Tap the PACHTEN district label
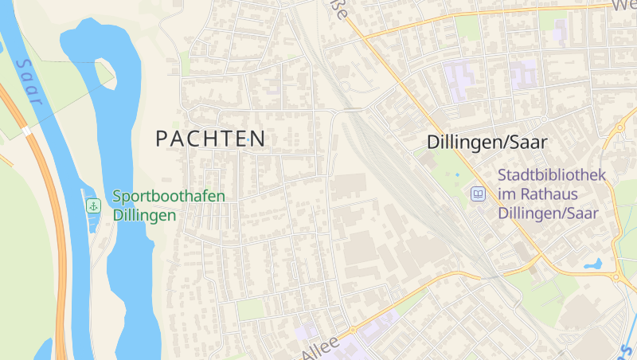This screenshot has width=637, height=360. [210, 139]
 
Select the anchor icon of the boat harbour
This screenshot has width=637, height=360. [93, 205]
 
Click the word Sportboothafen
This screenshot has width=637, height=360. [169, 196]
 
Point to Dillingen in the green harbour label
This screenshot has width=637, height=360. [144, 215]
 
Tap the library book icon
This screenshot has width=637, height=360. [478, 194]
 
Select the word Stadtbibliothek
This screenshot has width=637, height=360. [552, 174]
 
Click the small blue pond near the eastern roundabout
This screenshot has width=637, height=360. [593, 263]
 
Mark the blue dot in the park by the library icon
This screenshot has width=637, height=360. [457, 174]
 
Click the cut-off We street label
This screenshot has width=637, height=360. [623, 6]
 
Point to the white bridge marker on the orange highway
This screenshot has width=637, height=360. [26, 130]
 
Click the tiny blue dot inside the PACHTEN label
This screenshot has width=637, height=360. [248, 140]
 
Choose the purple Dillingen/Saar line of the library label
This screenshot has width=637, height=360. [548, 213]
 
